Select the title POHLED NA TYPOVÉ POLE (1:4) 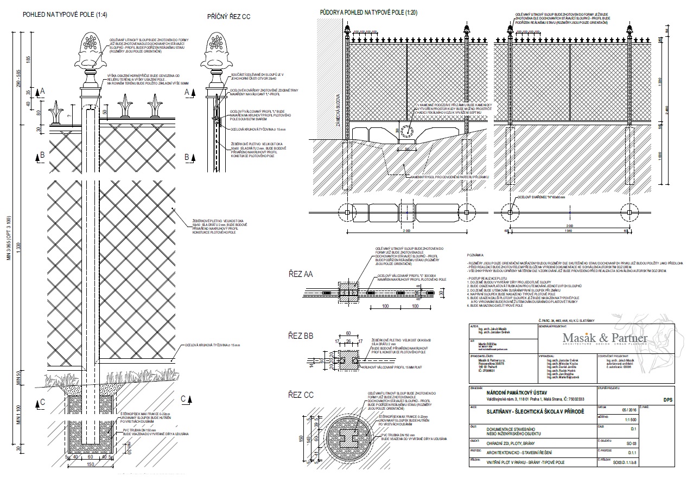[x=65, y=15]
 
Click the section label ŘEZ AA [x=301, y=273]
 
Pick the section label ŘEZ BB [x=301, y=336]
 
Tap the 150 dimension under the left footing [x=91, y=463]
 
